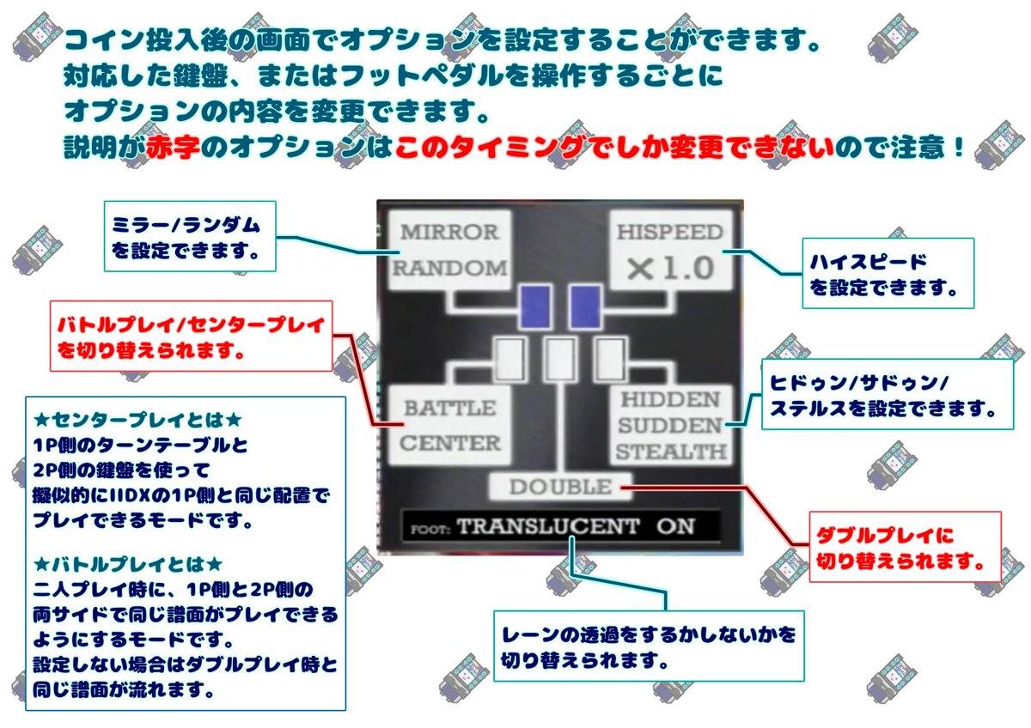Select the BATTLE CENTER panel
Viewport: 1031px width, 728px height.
439,426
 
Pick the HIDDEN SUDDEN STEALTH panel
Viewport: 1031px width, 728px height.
669,426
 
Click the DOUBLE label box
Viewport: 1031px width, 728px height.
560,488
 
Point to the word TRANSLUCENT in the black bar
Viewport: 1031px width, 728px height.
547,526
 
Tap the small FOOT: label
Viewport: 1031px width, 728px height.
430,528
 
